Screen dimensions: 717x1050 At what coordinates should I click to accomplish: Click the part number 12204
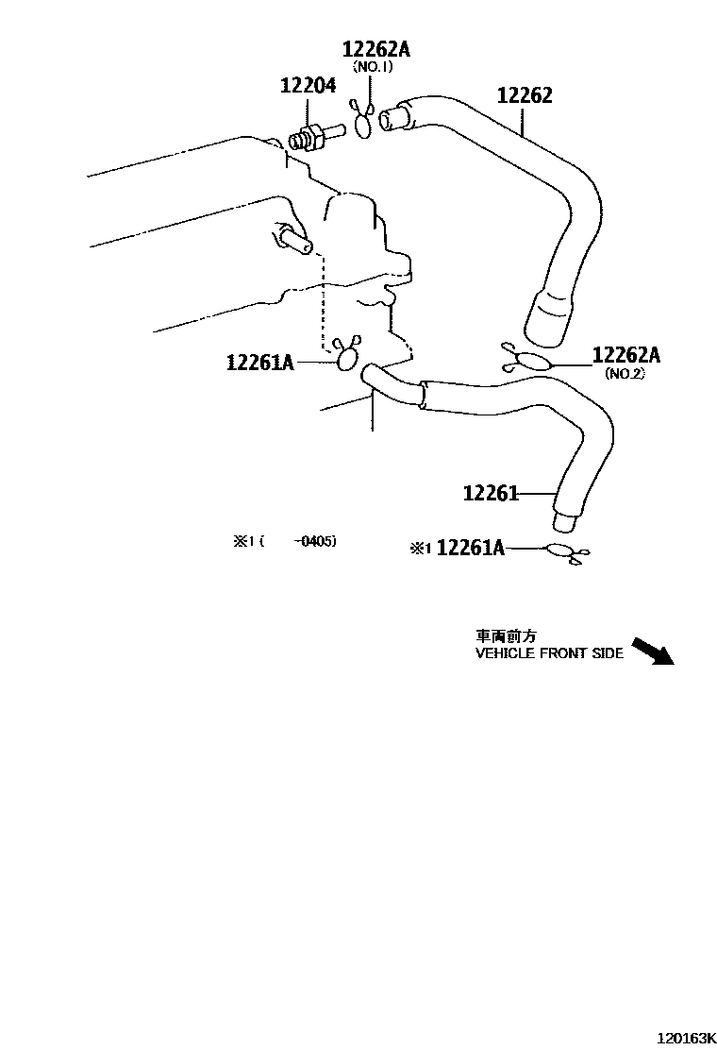pyautogui.click(x=308, y=87)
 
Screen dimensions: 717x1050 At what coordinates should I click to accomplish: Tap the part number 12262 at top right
pyautogui.click(x=525, y=95)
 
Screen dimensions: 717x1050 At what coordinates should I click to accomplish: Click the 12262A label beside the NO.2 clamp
pyautogui.click(x=626, y=355)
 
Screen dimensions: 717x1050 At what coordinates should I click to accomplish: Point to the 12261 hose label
pyautogui.click(x=491, y=493)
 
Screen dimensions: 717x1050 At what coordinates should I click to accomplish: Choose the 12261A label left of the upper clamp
pyautogui.click(x=260, y=362)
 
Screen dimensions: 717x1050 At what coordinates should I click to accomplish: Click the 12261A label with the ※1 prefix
pyautogui.click(x=471, y=549)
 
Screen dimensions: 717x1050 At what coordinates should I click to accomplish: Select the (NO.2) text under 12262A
pyautogui.click(x=624, y=373)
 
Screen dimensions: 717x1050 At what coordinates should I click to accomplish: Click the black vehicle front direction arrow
pyautogui.click(x=652, y=652)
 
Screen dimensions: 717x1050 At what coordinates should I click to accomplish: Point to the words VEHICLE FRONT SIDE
pyautogui.click(x=549, y=653)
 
